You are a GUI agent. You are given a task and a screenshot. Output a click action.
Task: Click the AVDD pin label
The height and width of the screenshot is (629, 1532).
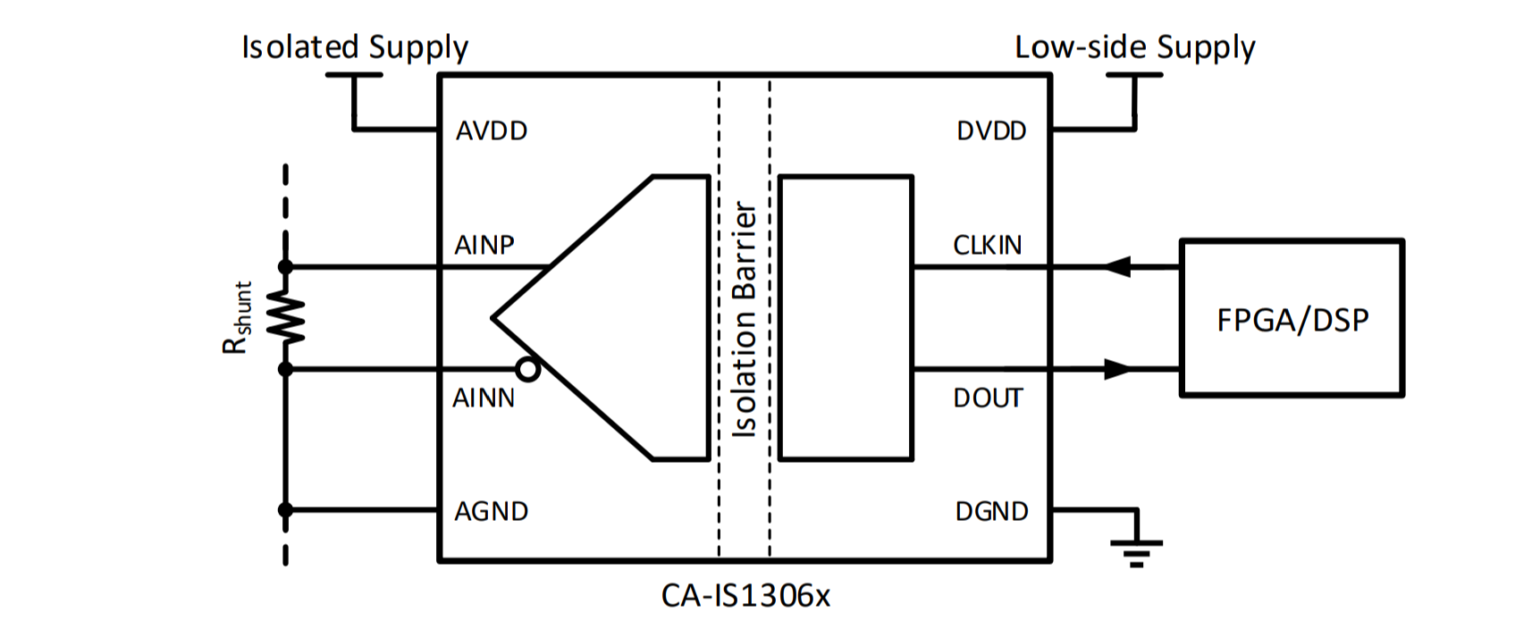click(492, 131)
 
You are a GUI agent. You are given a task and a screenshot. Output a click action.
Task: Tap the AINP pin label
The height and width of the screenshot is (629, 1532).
click(484, 246)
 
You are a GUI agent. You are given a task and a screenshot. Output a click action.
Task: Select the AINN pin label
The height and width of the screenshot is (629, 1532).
click(484, 398)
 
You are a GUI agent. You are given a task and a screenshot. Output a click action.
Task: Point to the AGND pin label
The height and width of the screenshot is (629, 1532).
click(492, 512)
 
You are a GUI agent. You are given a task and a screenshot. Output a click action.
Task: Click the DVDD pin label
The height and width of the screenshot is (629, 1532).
click(991, 131)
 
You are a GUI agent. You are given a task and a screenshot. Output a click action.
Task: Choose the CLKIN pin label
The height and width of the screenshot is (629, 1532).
click(987, 246)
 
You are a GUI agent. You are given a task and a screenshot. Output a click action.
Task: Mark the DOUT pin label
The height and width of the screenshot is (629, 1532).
click(988, 398)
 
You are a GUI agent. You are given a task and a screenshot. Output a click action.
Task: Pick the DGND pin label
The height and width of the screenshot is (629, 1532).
click(991, 512)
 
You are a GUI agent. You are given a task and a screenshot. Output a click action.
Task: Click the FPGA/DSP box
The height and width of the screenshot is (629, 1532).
click(1292, 318)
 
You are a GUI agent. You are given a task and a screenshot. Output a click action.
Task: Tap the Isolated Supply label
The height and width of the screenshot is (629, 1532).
click(355, 47)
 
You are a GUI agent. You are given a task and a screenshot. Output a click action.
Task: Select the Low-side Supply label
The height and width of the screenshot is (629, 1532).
click(1134, 47)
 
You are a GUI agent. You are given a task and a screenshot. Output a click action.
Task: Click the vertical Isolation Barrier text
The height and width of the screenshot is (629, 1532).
click(745, 319)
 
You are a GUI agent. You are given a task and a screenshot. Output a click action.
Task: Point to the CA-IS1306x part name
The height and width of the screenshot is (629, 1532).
click(745, 595)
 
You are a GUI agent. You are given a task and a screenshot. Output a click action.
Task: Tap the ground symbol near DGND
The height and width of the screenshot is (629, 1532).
click(1136, 550)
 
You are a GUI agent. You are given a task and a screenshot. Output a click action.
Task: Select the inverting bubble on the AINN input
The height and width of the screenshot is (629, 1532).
click(529, 369)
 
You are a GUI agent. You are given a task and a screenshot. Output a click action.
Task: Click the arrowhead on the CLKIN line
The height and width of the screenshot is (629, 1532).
click(1116, 266)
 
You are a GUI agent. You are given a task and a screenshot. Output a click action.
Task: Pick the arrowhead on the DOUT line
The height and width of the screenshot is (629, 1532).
click(1117, 368)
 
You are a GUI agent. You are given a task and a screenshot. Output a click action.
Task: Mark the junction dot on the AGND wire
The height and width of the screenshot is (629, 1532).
click(285, 510)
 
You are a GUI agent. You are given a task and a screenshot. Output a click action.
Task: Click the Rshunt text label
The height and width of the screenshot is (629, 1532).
click(238, 318)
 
